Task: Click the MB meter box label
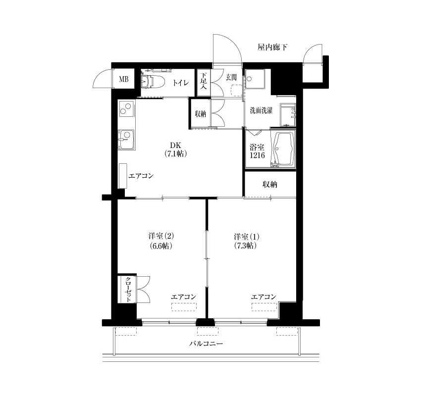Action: pyautogui.click(x=124, y=79)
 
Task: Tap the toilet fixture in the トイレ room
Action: pyautogui.click(x=148, y=81)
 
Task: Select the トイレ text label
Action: pyautogui.click(x=181, y=83)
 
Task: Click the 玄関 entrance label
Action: pyautogui.click(x=231, y=77)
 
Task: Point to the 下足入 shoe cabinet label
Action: pyautogui.click(x=204, y=80)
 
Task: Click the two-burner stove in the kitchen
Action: pyautogui.click(x=126, y=108)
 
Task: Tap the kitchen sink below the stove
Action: pyautogui.click(x=126, y=140)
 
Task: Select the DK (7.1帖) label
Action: pyautogui.click(x=176, y=149)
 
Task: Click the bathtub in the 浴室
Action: pyautogui.click(x=283, y=149)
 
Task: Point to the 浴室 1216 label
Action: pyautogui.click(x=257, y=151)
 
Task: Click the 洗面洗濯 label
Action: pyautogui.click(x=261, y=110)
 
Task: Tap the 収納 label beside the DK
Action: pyautogui.click(x=200, y=114)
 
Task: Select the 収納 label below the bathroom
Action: pyautogui.click(x=270, y=184)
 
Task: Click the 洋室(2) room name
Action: pyautogui.click(x=161, y=237)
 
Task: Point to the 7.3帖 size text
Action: pyautogui.click(x=245, y=246)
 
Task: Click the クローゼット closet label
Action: pyautogui.click(x=128, y=290)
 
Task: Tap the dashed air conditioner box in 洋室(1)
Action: pyautogui.click(x=264, y=307)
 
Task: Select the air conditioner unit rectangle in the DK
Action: pyautogui.click(x=123, y=176)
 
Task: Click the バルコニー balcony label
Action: pyautogui.click(x=206, y=344)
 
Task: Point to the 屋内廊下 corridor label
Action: pyautogui.click(x=272, y=48)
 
